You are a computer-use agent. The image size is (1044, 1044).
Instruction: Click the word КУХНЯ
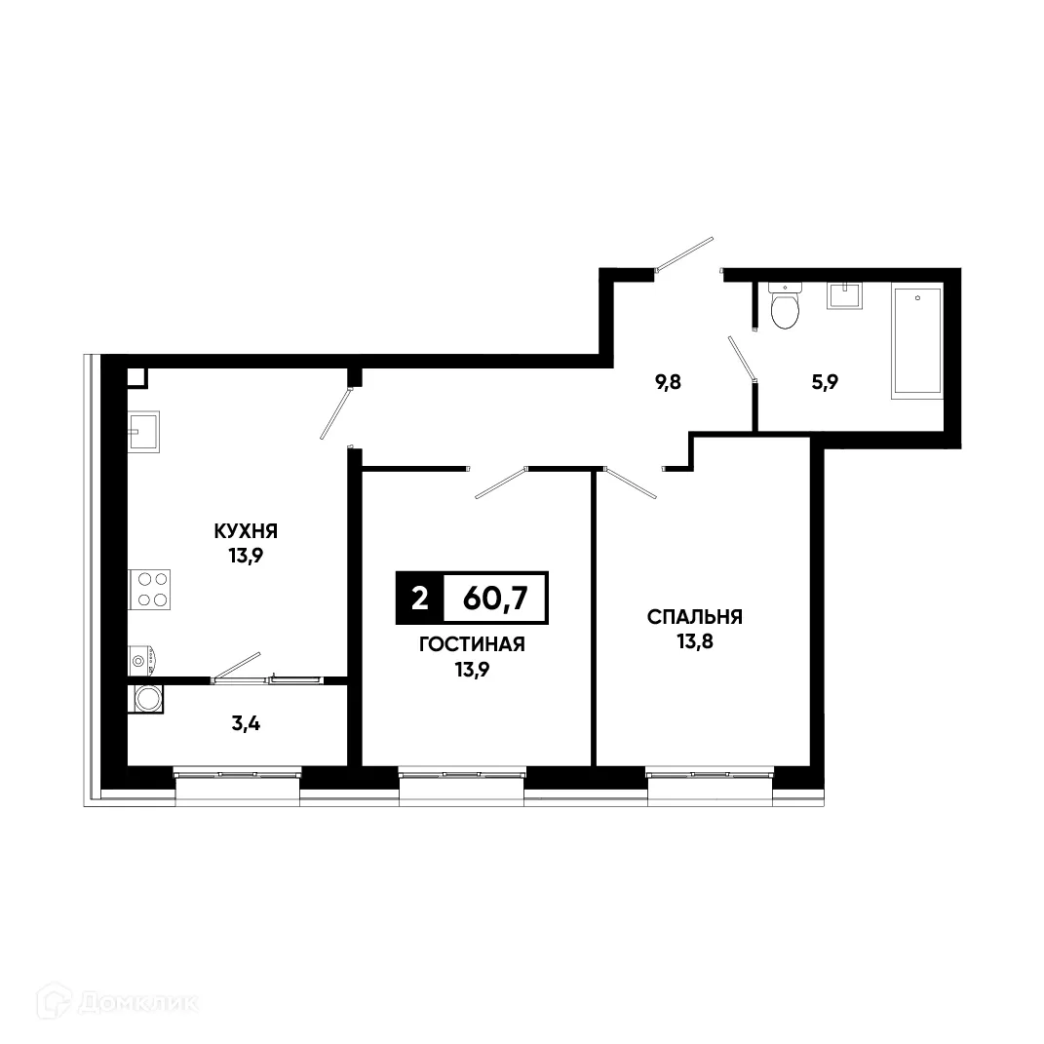coord(247,531)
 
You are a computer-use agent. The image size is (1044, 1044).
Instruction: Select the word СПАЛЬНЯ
coord(695,617)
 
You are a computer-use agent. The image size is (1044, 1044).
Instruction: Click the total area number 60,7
coord(495,599)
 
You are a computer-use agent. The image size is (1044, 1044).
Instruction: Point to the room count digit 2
coord(419,599)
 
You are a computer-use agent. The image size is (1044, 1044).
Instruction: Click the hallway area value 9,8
coord(668,381)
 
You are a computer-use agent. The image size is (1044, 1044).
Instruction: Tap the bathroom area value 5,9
coord(826,381)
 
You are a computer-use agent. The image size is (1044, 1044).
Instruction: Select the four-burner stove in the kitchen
coord(150,590)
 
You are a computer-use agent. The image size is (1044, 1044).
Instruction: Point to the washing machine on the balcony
coord(147,699)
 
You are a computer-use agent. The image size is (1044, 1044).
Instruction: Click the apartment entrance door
coord(685,253)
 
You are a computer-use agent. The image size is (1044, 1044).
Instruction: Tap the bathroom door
coord(743,358)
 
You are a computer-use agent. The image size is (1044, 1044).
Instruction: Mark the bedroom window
coord(710,775)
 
